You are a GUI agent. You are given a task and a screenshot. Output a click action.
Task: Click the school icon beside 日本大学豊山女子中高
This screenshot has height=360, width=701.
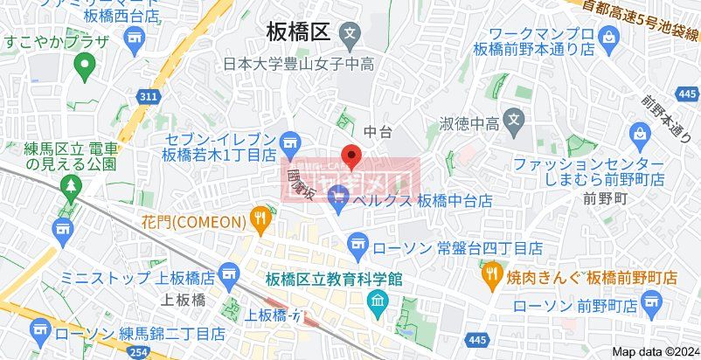tap(350, 38)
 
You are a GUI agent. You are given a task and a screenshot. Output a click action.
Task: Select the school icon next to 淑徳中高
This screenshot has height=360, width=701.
tap(514, 119)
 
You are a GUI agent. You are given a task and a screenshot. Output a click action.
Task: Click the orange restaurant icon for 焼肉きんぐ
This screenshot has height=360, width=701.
tap(491, 275)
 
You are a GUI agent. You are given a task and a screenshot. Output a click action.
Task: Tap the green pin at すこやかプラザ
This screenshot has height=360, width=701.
tap(84, 64)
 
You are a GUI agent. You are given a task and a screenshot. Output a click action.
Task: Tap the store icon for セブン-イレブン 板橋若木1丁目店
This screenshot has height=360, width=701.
tap(290, 139)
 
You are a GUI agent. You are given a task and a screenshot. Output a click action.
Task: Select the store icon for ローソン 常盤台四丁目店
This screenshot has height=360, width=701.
tap(357, 242)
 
